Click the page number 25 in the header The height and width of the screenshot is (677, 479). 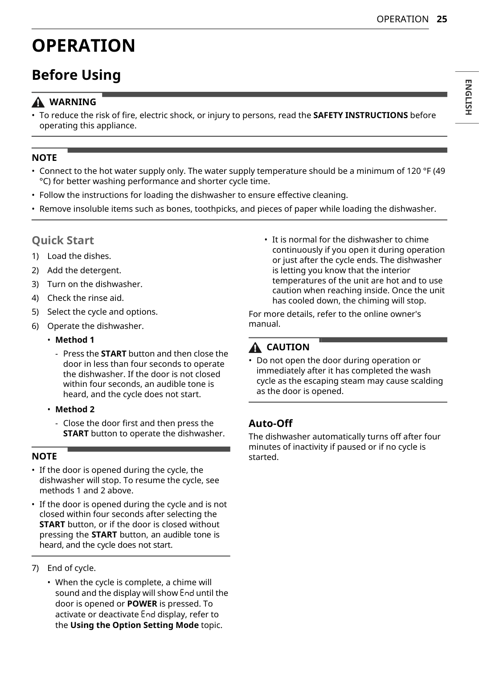pyautogui.click(x=442, y=19)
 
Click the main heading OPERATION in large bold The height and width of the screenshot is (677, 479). pyautogui.click(x=83, y=46)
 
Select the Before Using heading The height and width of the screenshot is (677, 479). pyautogui.click(x=76, y=75)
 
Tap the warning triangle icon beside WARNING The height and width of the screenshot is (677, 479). pyautogui.click(x=38, y=103)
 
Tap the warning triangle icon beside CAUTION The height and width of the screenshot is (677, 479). pyautogui.click(x=255, y=348)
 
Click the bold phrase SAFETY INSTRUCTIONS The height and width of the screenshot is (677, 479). pyautogui.click(x=360, y=115)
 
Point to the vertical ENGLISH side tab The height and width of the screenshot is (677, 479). pyautogui.click(x=468, y=97)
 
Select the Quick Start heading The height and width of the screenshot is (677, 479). pyautogui.click(x=63, y=241)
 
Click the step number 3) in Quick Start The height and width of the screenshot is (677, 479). pyautogui.click(x=35, y=284)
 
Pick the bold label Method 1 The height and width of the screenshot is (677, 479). pyautogui.click(x=74, y=340)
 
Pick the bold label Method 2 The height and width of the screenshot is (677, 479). pyautogui.click(x=74, y=410)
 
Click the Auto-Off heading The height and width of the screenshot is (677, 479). pyautogui.click(x=270, y=423)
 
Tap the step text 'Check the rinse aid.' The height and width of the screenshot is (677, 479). pyautogui.click(x=86, y=298)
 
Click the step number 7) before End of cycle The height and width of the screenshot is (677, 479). pyautogui.click(x=35, y=568)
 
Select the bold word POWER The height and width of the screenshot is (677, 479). pyautogui.click(x=142, y=604)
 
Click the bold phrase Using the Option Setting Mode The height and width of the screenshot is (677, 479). pyautogui.click(x=134, y=625)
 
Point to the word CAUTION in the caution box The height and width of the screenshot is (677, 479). pyautogui.click(x=288, y=347)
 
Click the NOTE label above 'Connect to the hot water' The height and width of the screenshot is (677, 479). pyautogui.click(x=44, y=158)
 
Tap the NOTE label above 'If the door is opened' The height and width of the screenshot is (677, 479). pyautogui.click(x=44, y=456)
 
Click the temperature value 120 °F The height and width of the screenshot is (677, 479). pyautogui.click(x=419, y=171)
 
